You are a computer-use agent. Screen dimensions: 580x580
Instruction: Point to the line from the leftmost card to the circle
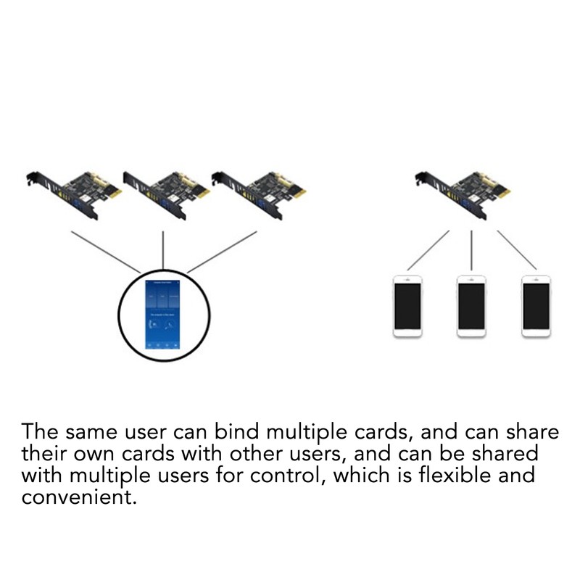(x=106, y=252)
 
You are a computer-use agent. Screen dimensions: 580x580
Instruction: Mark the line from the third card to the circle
(x=222, y=252)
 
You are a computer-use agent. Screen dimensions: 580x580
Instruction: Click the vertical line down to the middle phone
(x=471, y=251)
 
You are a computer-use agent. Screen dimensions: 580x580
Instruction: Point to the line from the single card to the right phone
(x=516, y=251)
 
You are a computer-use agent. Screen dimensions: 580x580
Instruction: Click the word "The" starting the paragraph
(x=40, y=432)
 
